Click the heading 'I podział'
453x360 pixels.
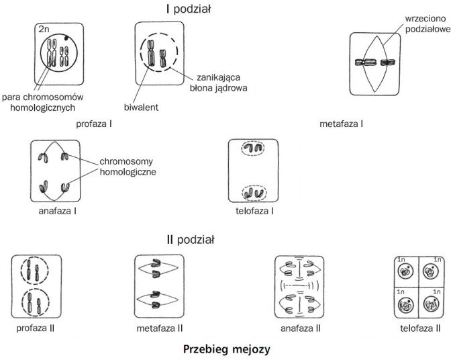coord(190,9)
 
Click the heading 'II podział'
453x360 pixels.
coord(190,240)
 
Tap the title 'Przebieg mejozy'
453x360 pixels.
coord(227,350)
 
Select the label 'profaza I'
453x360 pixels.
coord(93,124)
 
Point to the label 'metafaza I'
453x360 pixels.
coord(342,124)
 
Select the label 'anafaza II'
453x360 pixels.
coord(300,328)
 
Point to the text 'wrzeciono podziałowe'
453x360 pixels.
coord(426,26)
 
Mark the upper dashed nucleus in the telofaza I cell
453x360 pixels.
coord(252,149)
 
